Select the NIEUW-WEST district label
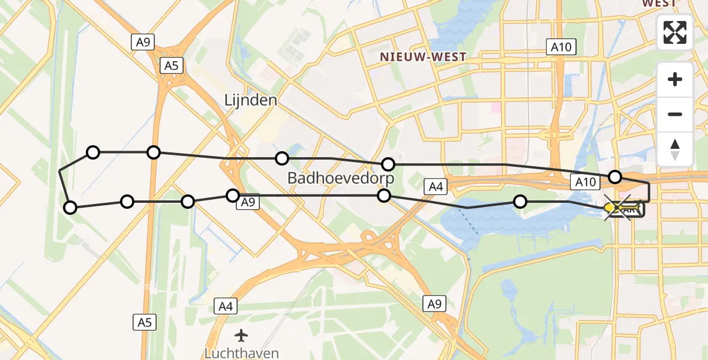[422, 57]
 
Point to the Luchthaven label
[241, 353]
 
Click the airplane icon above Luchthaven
[241, 335]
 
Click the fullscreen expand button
[675, 32]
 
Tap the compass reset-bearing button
[675, 149]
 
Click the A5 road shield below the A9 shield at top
[172, 65]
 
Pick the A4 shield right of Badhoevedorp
[436, 187]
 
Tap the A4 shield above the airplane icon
[226, 307]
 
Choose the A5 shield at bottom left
[145, 322]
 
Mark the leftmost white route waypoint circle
[70, 208]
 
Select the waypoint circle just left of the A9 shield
[233, 195]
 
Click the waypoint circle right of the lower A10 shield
[615, 176]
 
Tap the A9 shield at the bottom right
[434, 304]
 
